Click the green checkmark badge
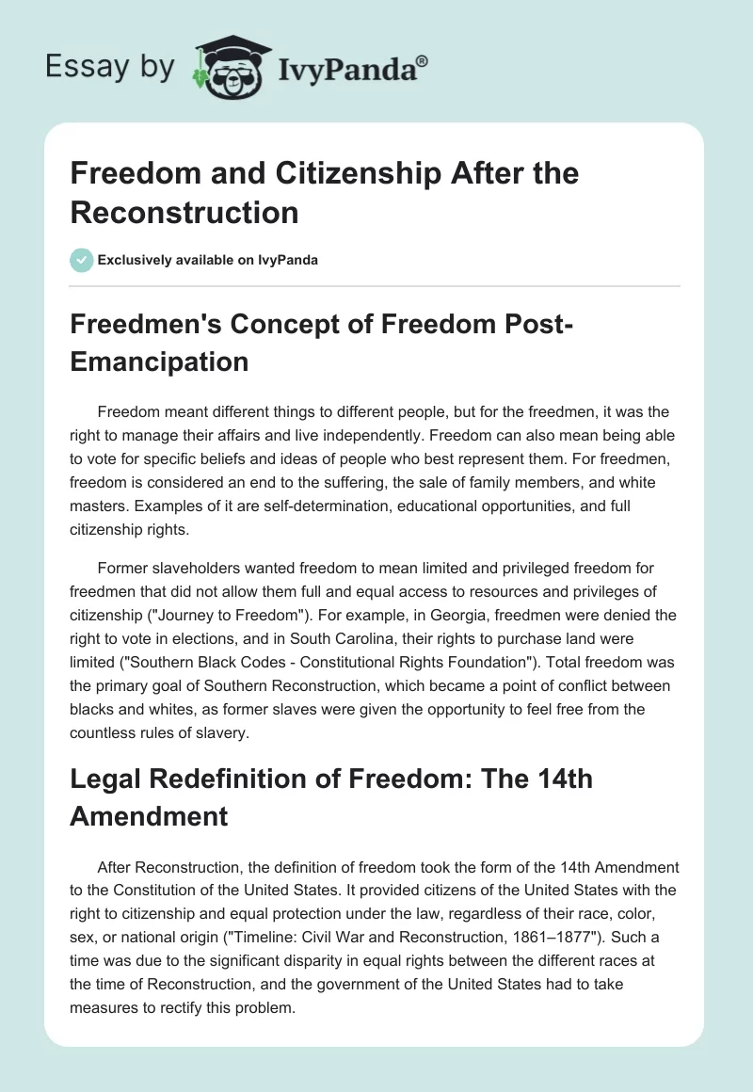(x=81, y=260)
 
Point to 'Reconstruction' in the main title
(x=184, y=212)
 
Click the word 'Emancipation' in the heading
(x=159, y=361)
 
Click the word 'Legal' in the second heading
(x=104, y=780)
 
